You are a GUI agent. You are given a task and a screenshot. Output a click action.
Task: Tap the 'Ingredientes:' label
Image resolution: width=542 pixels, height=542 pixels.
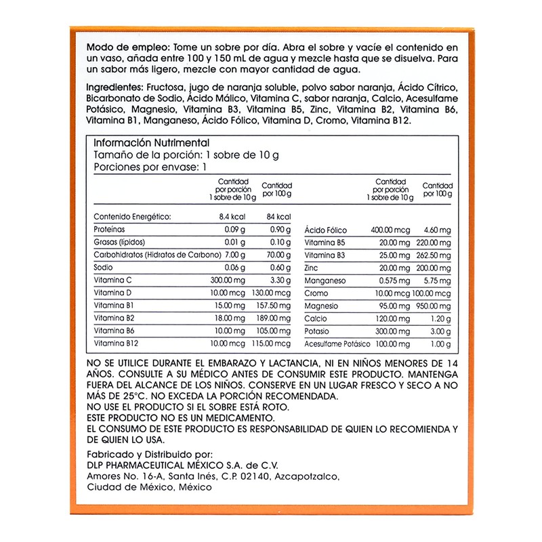114,88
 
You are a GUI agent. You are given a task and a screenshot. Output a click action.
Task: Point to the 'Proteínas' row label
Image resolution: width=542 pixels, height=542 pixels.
110,230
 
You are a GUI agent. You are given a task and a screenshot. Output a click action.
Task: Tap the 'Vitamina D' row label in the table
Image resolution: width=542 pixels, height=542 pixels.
112,292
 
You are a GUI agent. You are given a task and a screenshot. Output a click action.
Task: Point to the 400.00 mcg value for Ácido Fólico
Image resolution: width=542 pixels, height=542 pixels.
388,230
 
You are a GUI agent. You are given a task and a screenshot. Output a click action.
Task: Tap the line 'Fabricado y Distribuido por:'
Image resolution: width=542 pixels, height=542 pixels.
150,454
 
